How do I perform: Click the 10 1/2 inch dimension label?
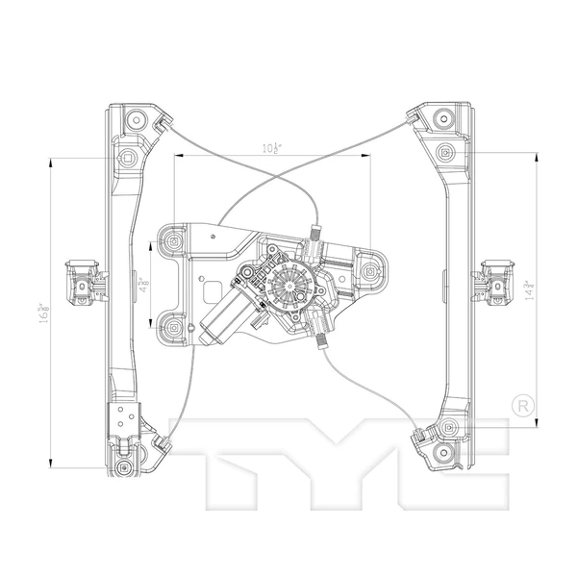pyautogui.click(x=271, y=147)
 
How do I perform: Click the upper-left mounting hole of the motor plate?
pyautogui.click(x=173, y=239)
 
